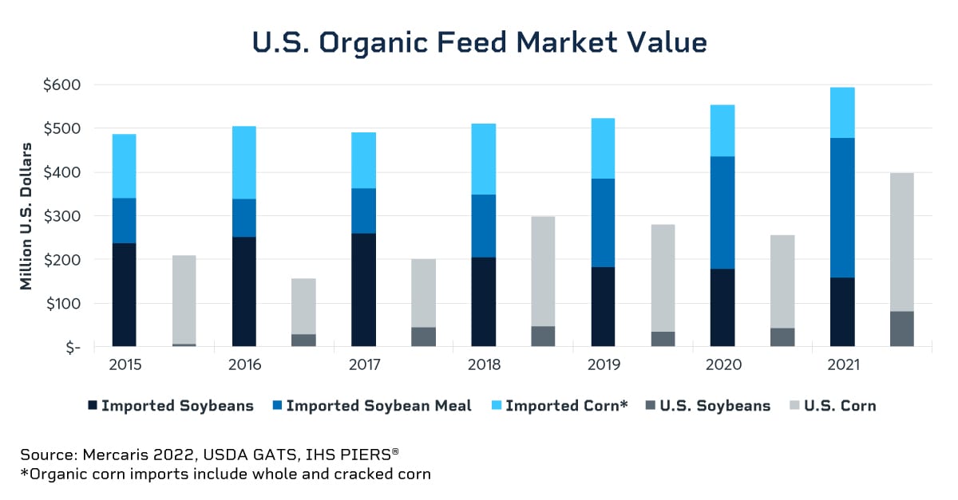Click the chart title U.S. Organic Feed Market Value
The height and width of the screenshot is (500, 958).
[479, 42]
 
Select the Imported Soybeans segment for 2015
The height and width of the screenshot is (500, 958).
[124, 294]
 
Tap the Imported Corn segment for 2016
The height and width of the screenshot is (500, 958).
[243, 162]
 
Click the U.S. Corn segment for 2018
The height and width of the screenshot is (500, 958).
[543, 271]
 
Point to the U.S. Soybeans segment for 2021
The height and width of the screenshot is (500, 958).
[902, 329]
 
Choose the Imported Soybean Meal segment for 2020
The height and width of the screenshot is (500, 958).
[722, 212]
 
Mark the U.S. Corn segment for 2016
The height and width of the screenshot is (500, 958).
[303, 306]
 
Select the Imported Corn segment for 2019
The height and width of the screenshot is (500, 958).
[603, 148]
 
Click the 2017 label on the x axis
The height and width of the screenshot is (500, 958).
[365, 365]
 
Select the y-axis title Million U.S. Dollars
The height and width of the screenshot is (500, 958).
[27, 216]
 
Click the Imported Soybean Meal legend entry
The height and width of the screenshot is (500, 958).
[378, 406]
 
